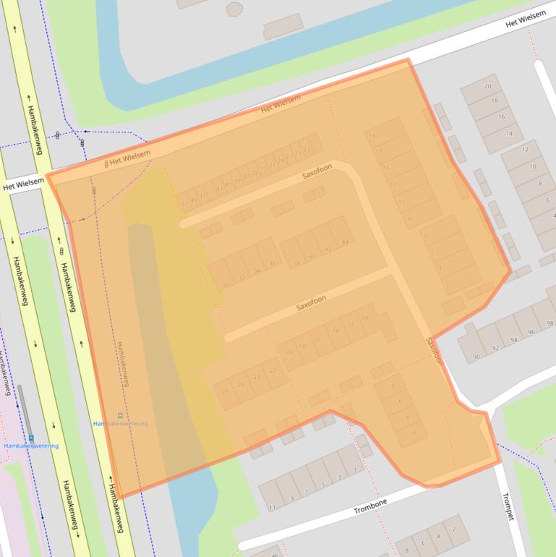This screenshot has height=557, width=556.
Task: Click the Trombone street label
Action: pyautogui.click(x=370, y=506)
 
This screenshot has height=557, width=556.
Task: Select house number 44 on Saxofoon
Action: pyautogui.click(x=345, y=242)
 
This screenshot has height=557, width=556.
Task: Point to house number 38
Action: pyautogui.click(x=296, y=263)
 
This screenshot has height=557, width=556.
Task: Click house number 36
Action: pyautogui.click(x=272, y=264)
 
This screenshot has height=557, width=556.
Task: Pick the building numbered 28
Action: pyautogui.click(x=226, y=391)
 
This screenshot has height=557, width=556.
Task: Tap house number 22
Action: pyautogui.click(x=273, y=370)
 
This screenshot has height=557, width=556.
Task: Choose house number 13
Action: pyautogui.click(x=393, y=184)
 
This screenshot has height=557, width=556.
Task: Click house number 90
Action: pyautogui.click(x=476, y=357)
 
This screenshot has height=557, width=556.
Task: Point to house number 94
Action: pyautogui.click(x=514, y=339)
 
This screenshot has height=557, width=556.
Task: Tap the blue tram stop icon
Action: pyautogui.click(x=31, y=438)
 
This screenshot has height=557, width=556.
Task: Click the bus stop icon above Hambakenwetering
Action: pyautogui.click(x=120, y=415)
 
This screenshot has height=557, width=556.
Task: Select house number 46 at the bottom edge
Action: pyautogui.click(x=275, y=554)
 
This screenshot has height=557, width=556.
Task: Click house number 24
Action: pyautogui.click(x=257, y=377)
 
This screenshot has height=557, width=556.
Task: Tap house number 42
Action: pyautogui.click(x=328, y=249)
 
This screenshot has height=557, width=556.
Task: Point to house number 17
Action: pyautogui.click(x=379, y=151)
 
